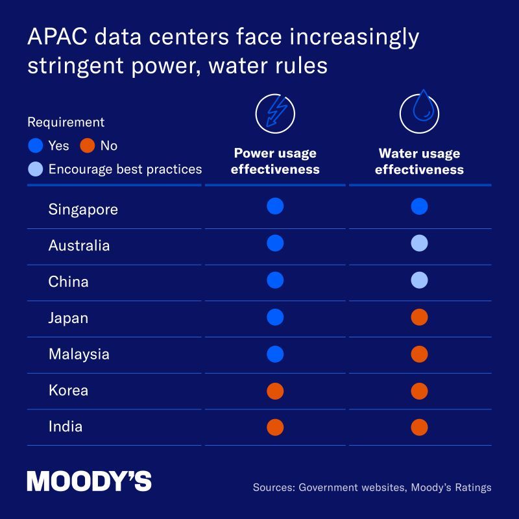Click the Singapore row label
pos(83,210)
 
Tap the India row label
pos(66,427)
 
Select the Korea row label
pos(68,391)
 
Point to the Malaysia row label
pos(78,354)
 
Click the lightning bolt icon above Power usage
pos(275,114)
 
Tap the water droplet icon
pos(419,114)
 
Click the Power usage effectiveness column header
pos(275,162)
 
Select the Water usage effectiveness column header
pos(419,162)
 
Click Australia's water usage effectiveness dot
pos(419,243)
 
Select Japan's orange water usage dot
pos(419,317)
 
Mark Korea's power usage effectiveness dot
pos(275,391)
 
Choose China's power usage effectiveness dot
pos(275,280)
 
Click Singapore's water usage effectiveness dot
pos(419,206)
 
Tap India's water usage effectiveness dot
pos(419,428)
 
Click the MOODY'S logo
pos(89,481)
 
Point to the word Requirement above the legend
pos(66,122)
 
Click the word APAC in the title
pos(56,38)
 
